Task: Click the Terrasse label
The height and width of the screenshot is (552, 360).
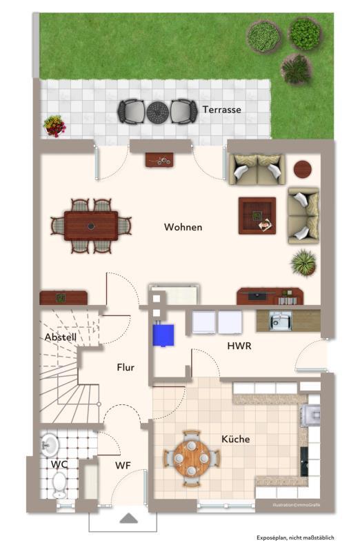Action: tap(221, 110)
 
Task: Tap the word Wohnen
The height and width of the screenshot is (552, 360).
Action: tap(183, 227)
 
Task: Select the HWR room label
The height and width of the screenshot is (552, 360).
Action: tap(239, 346)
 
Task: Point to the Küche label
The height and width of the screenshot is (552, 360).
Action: tap(236, 439)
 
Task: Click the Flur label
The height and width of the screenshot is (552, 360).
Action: tap(126, 368)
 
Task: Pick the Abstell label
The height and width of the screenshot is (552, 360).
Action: tap(61, 337)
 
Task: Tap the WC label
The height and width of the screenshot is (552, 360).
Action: tap(59, 464)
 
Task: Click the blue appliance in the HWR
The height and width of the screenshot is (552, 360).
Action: tap(163, 335)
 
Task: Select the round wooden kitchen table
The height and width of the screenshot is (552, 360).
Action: tap(192, 458)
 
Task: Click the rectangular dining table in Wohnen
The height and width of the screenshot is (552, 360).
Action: tap(91, 226)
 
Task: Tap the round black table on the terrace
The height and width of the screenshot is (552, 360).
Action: tap(158, 112)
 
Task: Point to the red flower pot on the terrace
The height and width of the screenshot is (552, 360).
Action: tap(54, 126)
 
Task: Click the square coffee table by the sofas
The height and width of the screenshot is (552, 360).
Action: tap(257, 215)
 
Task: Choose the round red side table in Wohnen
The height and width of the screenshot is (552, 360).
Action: tap(303, 169)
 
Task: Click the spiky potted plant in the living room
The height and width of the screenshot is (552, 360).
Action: tap(303, 263)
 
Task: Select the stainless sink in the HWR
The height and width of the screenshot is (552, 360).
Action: tap(281, 321)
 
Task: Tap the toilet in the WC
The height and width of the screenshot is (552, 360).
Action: tap(59, 485)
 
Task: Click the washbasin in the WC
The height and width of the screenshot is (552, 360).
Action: tap(50, 445)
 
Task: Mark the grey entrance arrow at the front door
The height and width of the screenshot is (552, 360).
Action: tap(129, 518)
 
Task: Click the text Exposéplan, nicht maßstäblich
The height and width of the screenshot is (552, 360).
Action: tap(295, 538)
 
